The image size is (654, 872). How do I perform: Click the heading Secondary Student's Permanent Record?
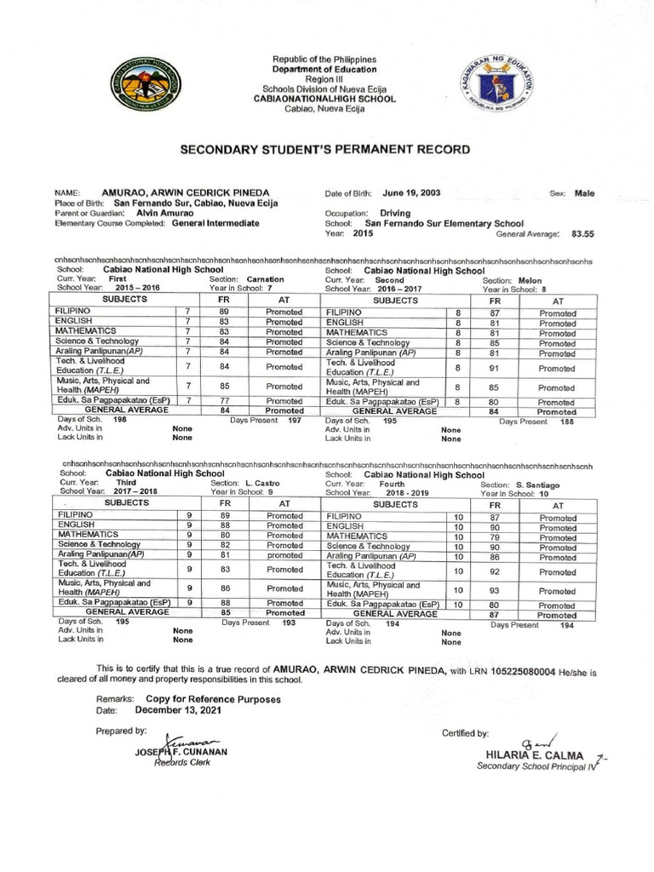pos(324,149)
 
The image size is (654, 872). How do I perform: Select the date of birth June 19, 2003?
pos(412,193)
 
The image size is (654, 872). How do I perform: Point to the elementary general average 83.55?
pos(582,232)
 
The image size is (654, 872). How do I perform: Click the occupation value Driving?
pos(395,213)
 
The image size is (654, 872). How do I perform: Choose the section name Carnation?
pos(266,278)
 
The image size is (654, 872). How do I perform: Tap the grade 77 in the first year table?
pos(225,400)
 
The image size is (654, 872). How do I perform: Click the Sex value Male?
pos(584,193)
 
